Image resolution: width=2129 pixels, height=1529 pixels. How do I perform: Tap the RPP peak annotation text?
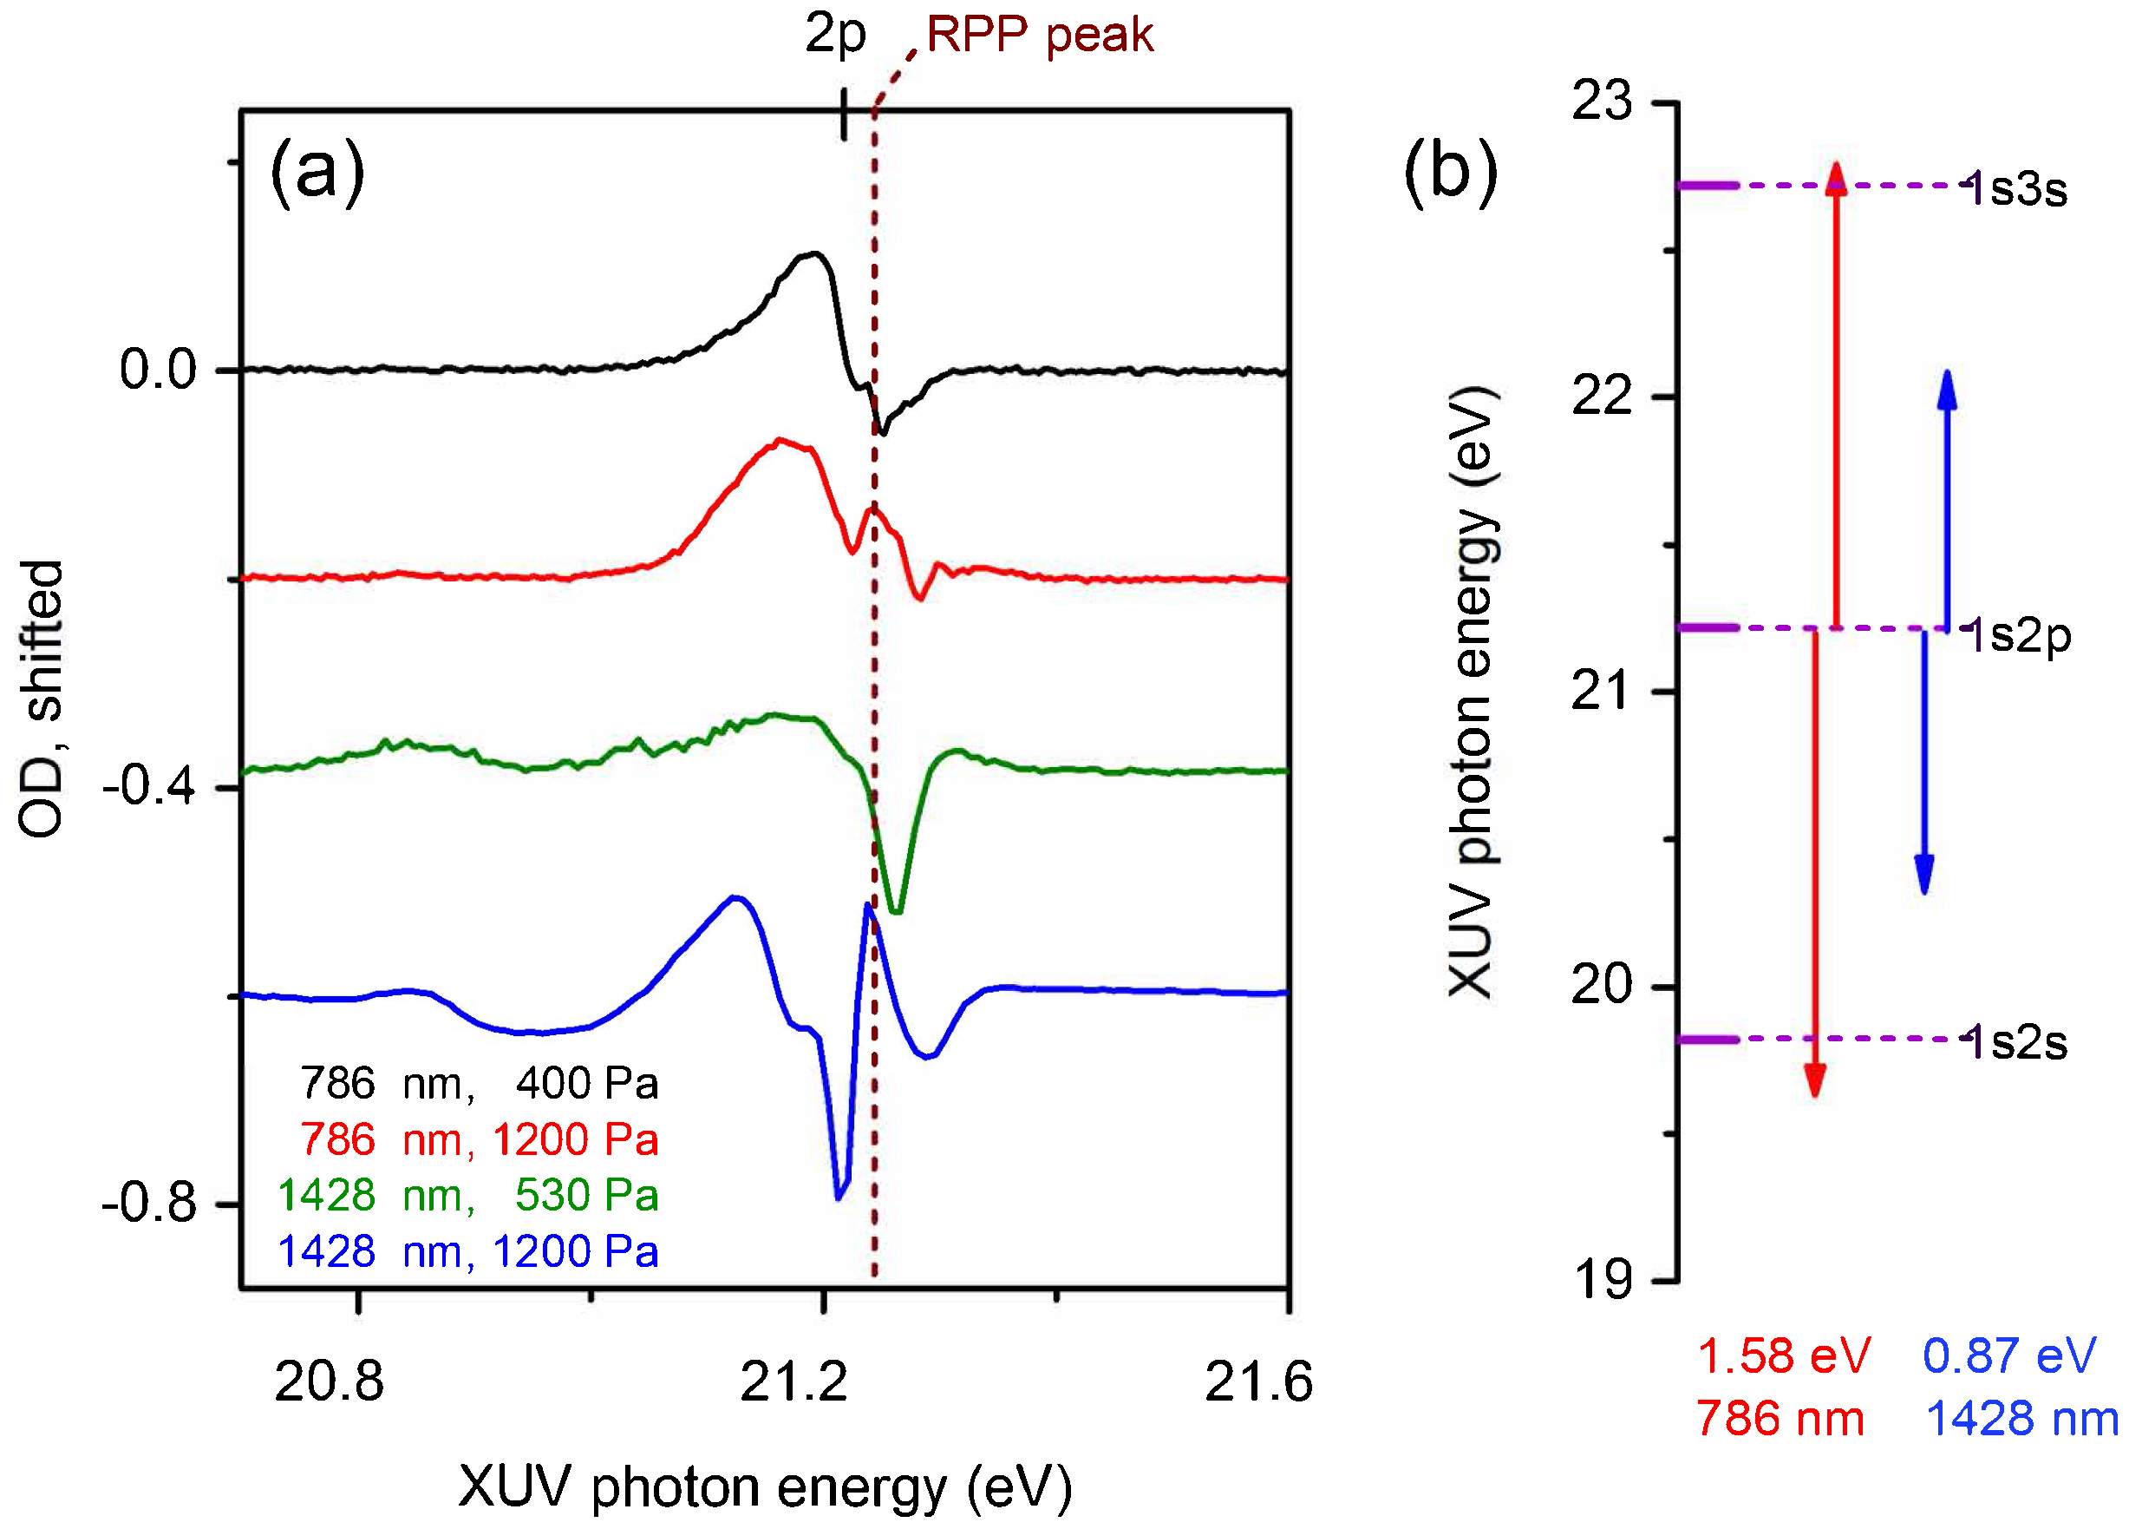[1039, 36]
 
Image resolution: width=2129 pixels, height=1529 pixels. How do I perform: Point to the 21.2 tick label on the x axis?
[793, 1381]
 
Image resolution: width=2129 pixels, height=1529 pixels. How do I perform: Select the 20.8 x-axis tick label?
[329, 1381]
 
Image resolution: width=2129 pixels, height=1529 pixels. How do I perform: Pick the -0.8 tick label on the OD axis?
[148, 1202]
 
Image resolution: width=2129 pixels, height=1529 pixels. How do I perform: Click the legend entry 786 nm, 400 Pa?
[479, 1084]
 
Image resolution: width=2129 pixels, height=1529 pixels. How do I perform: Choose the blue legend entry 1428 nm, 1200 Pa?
[467, 1252]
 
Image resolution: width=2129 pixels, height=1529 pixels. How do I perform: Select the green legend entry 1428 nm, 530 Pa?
[467, 1196]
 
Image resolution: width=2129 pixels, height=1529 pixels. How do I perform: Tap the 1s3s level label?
[2016, 189]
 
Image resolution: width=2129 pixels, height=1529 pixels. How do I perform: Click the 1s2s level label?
[2016, 1042]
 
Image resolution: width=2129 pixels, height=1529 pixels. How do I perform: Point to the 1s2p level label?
[2018, 636]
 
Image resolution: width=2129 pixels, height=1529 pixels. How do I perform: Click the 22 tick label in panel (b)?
[1602, 397]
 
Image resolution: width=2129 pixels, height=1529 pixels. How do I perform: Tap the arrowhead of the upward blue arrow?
[1948, 388]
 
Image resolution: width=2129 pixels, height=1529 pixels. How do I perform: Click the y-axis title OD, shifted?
[42, 699]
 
